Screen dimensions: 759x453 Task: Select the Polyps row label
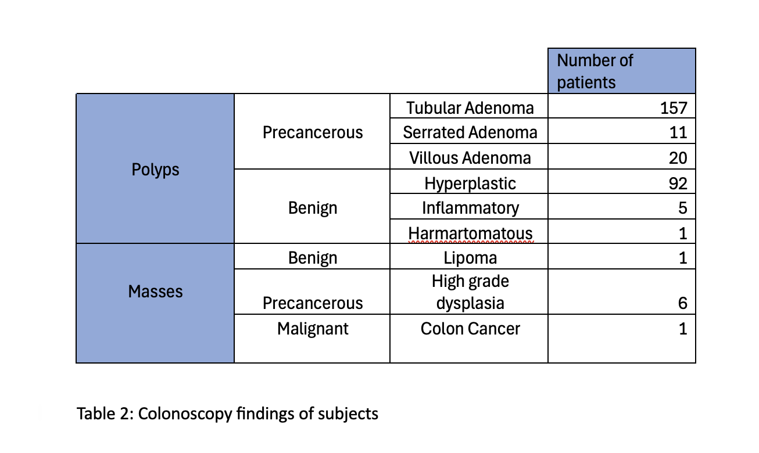(x=155, y=170)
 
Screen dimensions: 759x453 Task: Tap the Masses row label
(x=155, y=292)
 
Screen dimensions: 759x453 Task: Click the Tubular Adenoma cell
(x=470, y=108)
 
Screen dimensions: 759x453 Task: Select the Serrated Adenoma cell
(x=470, y=132)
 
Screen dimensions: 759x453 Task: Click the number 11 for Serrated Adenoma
(x=678, y=132)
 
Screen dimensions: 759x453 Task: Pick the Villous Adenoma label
(x=470, y=158)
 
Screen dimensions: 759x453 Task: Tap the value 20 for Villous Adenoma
(x=678, y=158)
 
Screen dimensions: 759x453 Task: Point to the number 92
(x=678, y=184)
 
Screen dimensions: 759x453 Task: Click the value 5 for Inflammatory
(x=683, y=208)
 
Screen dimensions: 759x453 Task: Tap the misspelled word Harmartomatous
(x=470, y=233)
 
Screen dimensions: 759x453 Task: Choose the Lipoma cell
(x=470, y=258)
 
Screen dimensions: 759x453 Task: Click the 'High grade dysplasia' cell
(x=470, y=292)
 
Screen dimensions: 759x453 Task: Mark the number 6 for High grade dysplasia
(x=683, y=303)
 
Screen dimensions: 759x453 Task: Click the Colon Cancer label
(x=470, y=329)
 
